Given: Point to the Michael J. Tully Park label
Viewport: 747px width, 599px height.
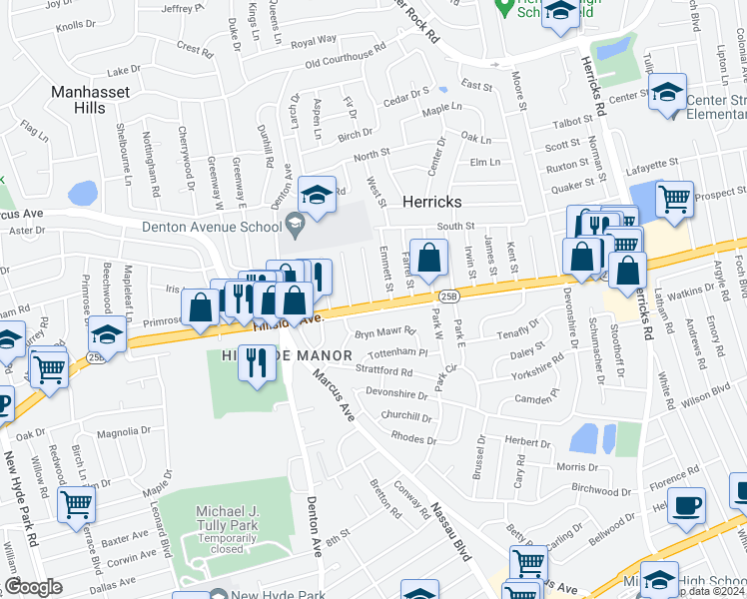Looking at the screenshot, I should tap(213, 517).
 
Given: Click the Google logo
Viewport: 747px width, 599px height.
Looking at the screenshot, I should tap(33, 588).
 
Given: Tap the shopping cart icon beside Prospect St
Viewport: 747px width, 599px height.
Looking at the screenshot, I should tap(675, 198).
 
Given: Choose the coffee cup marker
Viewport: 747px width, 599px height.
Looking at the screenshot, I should tap(686, 506).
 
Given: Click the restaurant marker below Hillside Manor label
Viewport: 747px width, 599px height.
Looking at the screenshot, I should tap(257, 362).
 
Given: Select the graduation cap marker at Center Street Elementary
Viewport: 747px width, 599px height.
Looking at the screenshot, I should tap(667, 92).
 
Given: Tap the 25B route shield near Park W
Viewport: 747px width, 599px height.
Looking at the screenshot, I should tap(448, 296).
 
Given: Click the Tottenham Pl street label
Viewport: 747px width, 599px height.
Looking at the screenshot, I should tap(398, 352).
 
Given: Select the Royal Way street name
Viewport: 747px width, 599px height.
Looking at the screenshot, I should tap(314, 41).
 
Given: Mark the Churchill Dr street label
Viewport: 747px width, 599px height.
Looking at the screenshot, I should tap(405, 416).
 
